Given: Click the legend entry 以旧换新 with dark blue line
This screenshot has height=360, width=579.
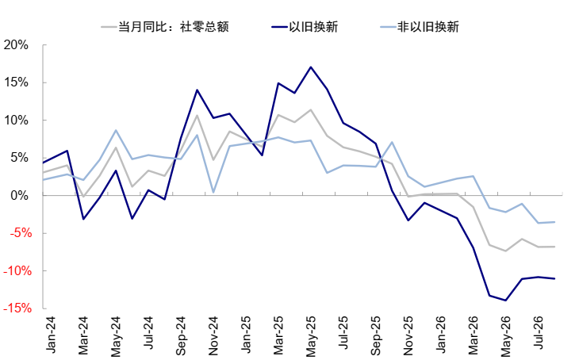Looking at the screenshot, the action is click(305, 27).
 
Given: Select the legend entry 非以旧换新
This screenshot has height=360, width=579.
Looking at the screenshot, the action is click(420, 27).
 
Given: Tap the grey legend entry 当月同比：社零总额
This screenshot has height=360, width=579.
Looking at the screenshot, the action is click(165, 27).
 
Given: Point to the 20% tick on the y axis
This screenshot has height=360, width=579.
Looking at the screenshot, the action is click(16, 45).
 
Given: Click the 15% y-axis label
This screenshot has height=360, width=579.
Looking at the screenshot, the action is click(16, 82).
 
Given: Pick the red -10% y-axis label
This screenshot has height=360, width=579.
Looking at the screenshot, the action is click(17, 270).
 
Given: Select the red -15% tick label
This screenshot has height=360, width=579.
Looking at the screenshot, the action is click(17, 308).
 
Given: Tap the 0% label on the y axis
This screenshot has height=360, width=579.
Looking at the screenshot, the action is click(20, 195).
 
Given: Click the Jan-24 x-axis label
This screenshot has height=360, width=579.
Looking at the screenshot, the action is click(50, 335).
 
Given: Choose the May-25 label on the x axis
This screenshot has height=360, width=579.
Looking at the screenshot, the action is click(311, 336).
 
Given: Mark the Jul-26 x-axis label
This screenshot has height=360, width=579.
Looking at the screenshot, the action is click(538, 333).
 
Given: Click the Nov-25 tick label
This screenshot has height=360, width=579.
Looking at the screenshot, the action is click(408, 335).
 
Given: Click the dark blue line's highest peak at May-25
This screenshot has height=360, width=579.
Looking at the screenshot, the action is click(311, 67).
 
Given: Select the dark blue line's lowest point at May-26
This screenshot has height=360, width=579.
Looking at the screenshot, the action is click(505, 301).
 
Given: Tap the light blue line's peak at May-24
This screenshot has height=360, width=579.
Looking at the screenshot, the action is click(116, 130).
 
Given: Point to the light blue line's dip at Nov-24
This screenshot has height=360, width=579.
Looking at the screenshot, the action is click(213, 193).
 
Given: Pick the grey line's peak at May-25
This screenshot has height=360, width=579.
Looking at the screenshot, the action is click(311, 109).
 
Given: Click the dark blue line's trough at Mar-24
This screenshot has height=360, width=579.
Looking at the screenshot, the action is click(83, 219).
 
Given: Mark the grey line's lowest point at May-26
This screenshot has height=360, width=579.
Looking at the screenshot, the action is click(505, 251).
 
